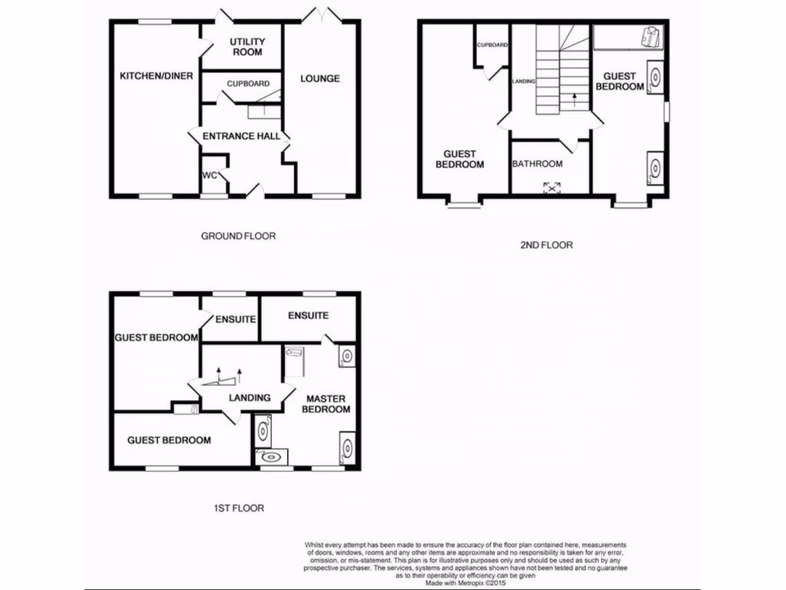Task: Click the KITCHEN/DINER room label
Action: click(x=156, y=76)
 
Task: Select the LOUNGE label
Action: click(x=320, y=78)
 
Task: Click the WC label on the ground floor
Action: click(x=210, y=175)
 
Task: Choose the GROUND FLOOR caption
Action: click(x=238, y=236)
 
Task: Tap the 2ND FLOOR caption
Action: click(x=546, y=245)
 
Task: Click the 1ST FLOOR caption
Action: click(x=238, y=508)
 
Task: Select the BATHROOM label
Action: click(x=537, y=164)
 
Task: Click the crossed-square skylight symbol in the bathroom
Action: click(x=552, y=186)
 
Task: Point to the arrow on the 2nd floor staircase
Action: click(x=574, y=99)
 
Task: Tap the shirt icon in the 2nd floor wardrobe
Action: click(x=652, y=35)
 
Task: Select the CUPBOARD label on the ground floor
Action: click(x=247, y=84)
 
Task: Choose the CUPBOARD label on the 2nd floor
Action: click(x=492, y=45)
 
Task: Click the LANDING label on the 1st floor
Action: click(x=249, y=397)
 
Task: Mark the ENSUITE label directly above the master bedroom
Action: click(x=308, y=316)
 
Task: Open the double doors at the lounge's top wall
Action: click(x=320, y=15)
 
